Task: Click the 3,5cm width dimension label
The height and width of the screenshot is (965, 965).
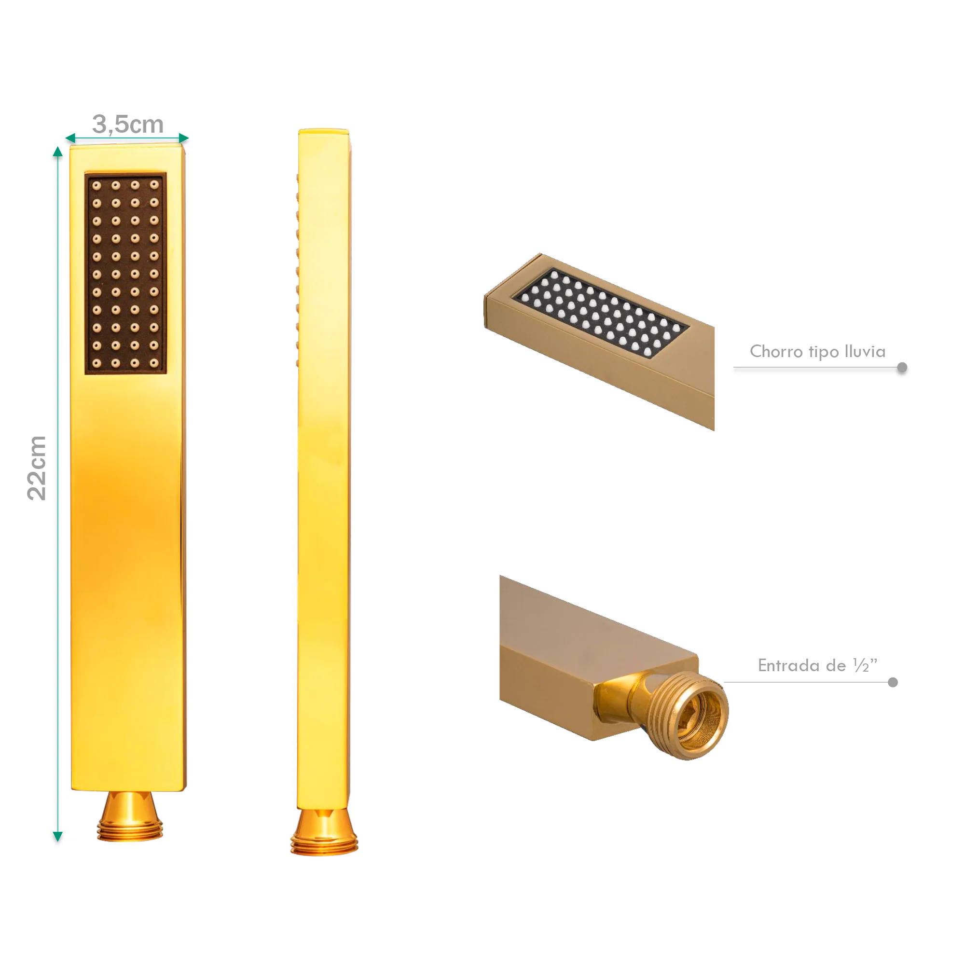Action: pyautogui.click(x=128, y=124)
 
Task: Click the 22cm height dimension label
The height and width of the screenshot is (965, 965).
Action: pyautogui.click(x=37, y=468)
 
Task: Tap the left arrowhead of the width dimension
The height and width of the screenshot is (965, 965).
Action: pyautogui.click(x=70, y=138)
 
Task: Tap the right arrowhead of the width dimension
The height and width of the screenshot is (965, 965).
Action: pyautogui.click(x=183, y=138)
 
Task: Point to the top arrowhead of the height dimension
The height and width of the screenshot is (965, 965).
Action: pyautogui.click(x=58, y=152)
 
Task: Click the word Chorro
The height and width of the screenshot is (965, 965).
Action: pyautogui.click(x=776, y=352)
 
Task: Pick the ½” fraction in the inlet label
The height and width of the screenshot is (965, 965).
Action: pyautogui.click(x=866, y=665)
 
